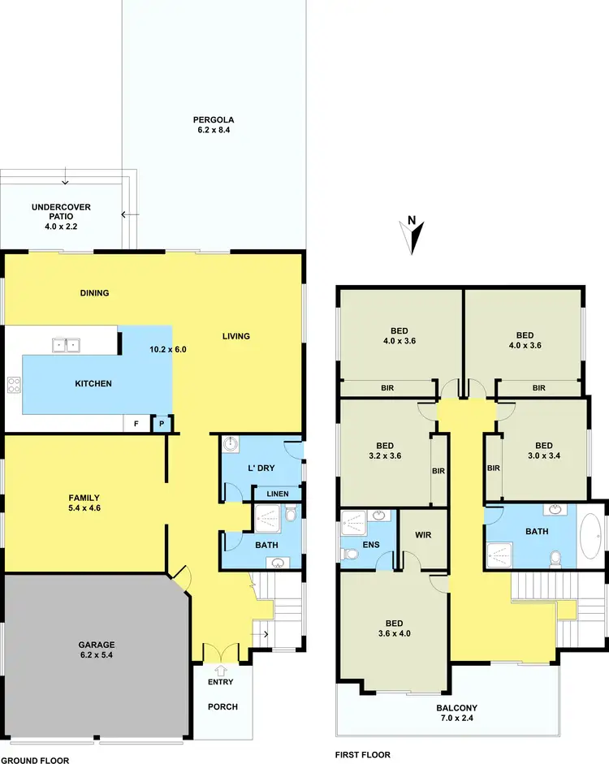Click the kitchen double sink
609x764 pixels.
[66, 345]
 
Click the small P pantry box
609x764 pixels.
[162, 423]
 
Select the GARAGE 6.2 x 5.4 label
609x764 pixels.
[97, 650]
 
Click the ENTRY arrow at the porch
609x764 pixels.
[220, 671]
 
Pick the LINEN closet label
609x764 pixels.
[277, 494]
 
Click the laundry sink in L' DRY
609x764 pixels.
[232, 444]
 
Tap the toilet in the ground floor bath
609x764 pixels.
[291, 515]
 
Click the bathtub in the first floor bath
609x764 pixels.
[591, 535]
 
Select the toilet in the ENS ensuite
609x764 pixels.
[350, 555]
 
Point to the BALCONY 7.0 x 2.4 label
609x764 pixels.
[447, 711]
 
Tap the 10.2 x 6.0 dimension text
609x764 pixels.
[169, 349]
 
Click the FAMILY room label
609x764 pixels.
[83, 503]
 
